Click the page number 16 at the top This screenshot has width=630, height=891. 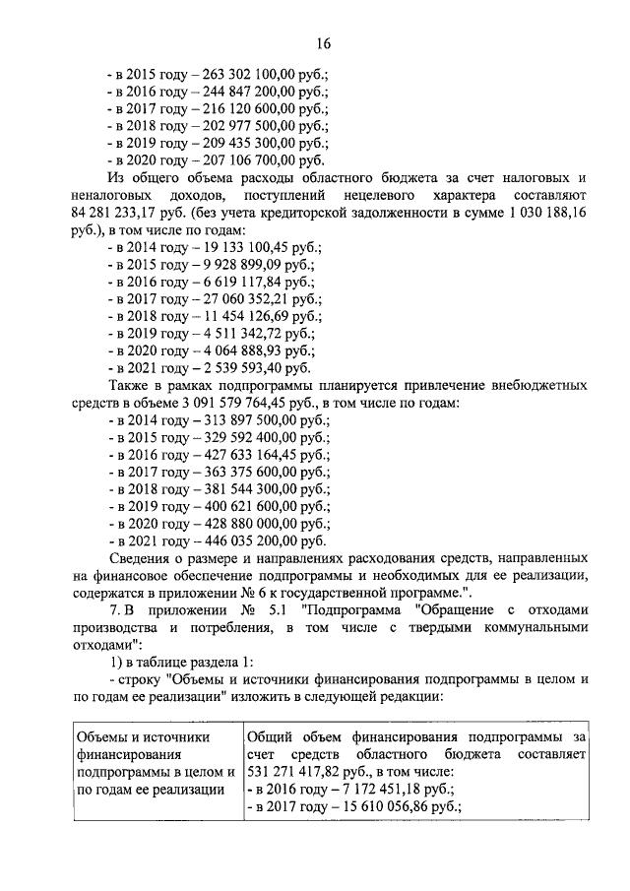click(x=322, y=43)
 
